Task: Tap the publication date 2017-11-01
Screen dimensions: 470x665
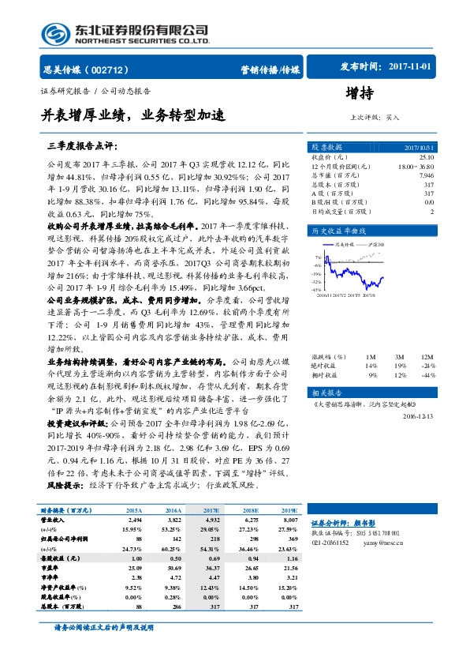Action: point(411,67)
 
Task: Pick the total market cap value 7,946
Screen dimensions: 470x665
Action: point(426,176)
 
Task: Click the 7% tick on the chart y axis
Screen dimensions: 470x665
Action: point(318,257)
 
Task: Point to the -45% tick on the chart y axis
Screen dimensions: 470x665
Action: point(316,290)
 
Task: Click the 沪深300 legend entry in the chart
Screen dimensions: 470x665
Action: point(378,246)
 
